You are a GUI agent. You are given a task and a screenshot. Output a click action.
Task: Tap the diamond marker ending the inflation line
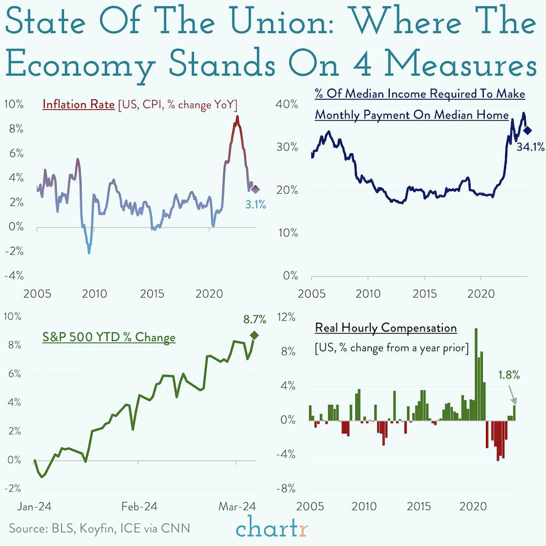pos(255,189)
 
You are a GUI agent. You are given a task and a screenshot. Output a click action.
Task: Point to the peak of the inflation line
pos(237,117)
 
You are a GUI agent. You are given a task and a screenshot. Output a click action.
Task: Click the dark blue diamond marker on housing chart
pos(527,130)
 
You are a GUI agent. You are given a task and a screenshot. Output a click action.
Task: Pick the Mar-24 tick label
pos(236,507)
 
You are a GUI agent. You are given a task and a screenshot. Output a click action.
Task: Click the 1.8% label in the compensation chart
pos(508,375)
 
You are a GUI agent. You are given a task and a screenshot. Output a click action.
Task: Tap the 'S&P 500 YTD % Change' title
pos(109,337)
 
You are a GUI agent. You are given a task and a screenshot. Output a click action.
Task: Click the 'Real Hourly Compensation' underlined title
pos(385,328)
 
